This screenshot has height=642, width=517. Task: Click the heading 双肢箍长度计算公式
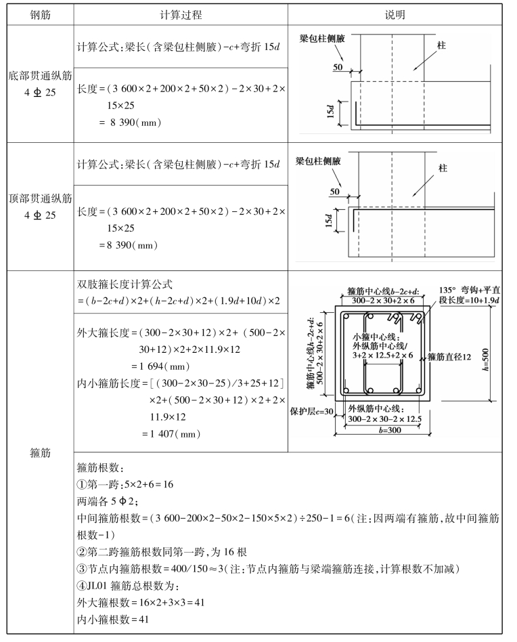click(x=127, y=284)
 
